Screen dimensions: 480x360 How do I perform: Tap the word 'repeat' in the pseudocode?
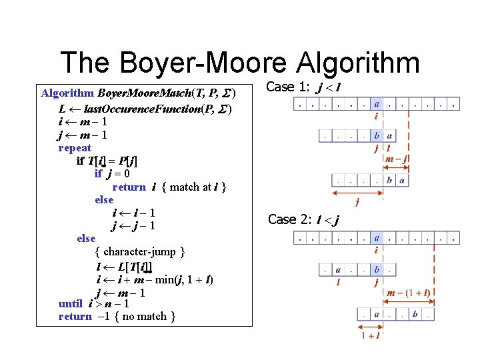point(75,147)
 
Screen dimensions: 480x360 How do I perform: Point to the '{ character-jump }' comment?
point(140,251)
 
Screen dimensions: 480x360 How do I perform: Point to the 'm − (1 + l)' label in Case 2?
point(407,292)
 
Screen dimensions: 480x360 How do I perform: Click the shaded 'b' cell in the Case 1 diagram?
point(377,136)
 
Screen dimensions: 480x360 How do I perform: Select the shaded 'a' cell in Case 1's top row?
point(377,104)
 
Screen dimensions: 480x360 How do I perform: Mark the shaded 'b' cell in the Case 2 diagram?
point(377,270)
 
